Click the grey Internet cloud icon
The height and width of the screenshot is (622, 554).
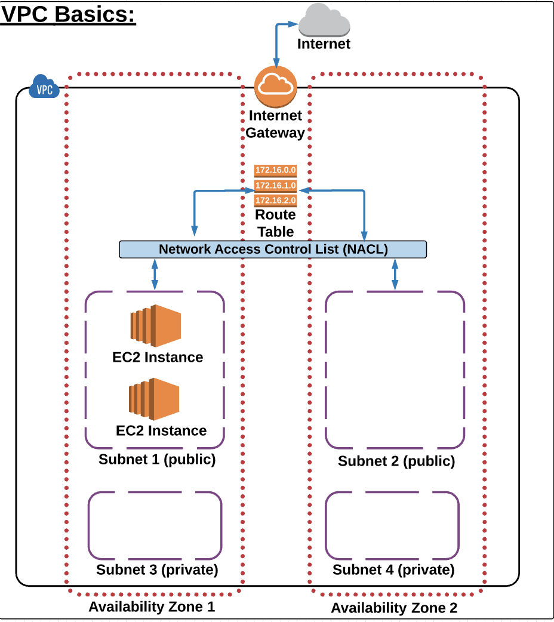[x=324, y=22]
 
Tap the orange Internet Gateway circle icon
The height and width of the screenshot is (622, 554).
[x=275, y=87]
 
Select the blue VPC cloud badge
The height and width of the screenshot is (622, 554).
[x=44, y=87]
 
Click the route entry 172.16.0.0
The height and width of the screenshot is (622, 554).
[x=276, y=171]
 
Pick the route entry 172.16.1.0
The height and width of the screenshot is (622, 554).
[x=276, y=186]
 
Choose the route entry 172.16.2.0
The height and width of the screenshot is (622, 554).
[x=276, y=200]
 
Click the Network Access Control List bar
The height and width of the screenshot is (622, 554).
[x=273, y=250]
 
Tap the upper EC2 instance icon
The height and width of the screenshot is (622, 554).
[x=156, y=326]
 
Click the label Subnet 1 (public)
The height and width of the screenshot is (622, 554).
[x=157, y=460]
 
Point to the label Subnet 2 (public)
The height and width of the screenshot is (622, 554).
[x=396, y=461]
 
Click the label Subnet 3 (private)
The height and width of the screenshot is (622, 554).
[x=157, y=569]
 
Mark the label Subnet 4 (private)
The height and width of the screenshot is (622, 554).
[x=393, y=569]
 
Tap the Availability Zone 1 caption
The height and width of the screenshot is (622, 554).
[x=152, y=607]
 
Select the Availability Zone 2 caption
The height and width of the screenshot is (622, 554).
[x=394, y=608]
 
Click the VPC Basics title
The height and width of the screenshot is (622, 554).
[x=69, y=15]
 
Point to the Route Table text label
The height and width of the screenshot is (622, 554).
[x=275, y=223]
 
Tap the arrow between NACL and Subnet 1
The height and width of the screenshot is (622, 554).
[x=155, y=275]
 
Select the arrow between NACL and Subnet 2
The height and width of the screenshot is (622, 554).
[x=395, y=275]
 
